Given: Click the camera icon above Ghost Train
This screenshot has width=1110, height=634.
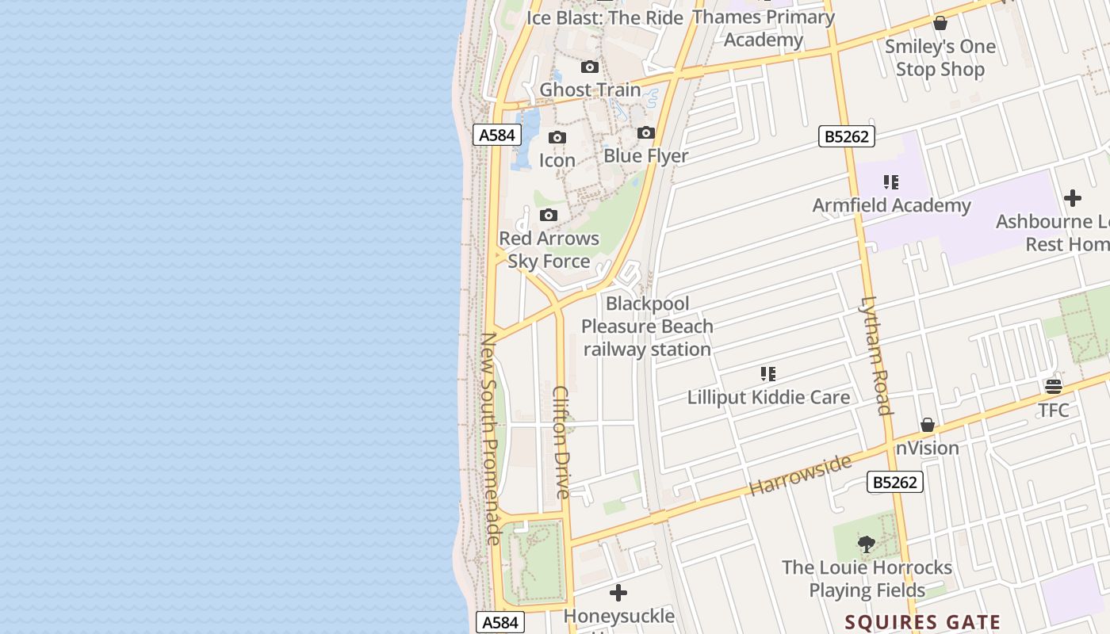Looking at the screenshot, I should [x=590, y=67].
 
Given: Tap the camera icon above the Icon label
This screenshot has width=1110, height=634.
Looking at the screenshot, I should [x=557, y=138].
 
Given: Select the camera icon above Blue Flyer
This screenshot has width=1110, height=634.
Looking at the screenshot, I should [x=646, y=133].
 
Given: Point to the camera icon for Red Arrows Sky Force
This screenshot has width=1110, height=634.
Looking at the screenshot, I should [x=548, y=216].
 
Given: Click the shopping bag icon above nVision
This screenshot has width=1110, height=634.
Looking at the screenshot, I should [x=928, y=426].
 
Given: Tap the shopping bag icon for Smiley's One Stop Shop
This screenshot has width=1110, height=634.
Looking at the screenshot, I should [x=940, y=24].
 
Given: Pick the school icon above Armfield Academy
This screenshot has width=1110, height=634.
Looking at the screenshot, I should [x=891, y=183].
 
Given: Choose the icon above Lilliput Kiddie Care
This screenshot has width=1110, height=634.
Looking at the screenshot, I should [x=768, y=374].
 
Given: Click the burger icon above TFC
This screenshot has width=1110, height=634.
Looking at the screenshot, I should [x=1054, y=387].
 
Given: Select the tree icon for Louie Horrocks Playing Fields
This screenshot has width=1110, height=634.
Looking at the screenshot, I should [x=867, y=544].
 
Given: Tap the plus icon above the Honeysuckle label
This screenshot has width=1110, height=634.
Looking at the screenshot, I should [x=618, y=593].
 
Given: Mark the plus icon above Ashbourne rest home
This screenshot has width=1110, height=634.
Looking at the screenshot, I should [x=1073, y=198].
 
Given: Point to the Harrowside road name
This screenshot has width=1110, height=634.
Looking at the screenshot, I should [x=800, y=474].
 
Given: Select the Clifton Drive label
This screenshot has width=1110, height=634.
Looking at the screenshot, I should [x=561, y=442].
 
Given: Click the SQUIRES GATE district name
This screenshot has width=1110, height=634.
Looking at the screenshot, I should [x=922, y=622].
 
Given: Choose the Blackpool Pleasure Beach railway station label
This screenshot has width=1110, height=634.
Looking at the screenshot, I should [x=647, y=327].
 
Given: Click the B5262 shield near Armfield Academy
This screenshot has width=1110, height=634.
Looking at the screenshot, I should [x=847, y=136].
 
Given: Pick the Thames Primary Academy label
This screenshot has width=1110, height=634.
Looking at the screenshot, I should [x=764, y=29].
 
